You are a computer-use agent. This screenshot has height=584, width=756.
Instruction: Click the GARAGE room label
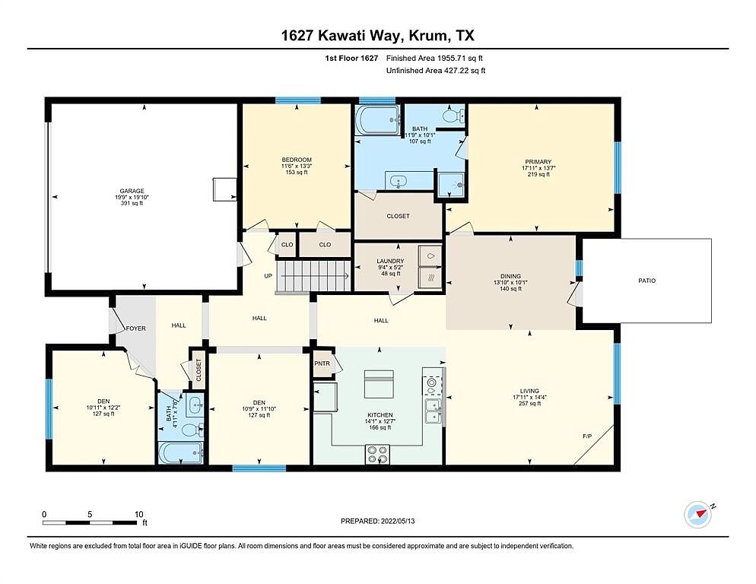coord(132,191)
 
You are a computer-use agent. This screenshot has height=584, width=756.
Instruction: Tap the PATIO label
coord(646,281)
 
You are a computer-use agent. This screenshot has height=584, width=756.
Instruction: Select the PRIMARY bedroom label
coord(538,162)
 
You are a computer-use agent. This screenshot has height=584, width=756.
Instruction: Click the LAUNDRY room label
coord(390,262)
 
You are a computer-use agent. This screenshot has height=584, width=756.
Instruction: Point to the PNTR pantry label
coord(322,363)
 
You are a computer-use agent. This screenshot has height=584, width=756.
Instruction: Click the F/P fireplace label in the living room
coord(587,436)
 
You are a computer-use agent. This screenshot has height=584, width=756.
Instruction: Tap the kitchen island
coord(379,383)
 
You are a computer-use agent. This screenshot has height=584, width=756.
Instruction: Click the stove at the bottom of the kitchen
coord(377,454)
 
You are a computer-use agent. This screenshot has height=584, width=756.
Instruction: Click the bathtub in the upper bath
coord(378,119)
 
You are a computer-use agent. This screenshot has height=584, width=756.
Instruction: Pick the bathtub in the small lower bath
coord(180,453)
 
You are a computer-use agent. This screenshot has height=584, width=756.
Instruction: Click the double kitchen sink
coord(433,411)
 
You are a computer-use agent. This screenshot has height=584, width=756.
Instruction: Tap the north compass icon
coord(697,516)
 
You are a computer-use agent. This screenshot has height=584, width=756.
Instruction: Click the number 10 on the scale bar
coord(139,515)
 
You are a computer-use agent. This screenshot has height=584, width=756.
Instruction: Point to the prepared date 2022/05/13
coord(398,521)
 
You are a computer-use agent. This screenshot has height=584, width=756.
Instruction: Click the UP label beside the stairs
coord(268,276)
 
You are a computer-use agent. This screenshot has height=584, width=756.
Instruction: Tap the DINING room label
coord(510,276)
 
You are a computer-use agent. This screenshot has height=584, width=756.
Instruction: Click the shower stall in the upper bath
coord(451,185)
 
